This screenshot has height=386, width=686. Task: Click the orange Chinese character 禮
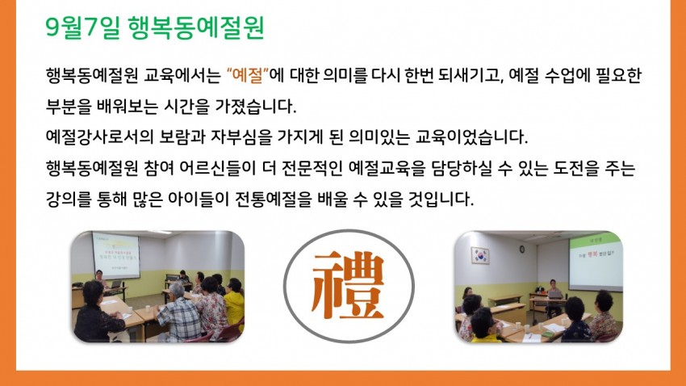348,285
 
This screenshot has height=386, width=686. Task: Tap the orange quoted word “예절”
248,75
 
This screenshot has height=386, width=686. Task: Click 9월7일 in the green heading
82,27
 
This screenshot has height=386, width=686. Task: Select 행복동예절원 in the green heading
196,27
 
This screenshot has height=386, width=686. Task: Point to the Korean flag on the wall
480,255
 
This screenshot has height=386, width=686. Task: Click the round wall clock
522,249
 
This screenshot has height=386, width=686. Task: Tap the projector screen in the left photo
115,256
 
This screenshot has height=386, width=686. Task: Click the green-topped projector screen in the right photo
596,262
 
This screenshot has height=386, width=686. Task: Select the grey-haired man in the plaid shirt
178,312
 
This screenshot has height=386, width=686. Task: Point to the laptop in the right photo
555,294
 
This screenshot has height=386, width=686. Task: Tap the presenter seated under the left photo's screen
101,279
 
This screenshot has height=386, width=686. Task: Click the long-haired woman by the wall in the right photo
466,295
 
